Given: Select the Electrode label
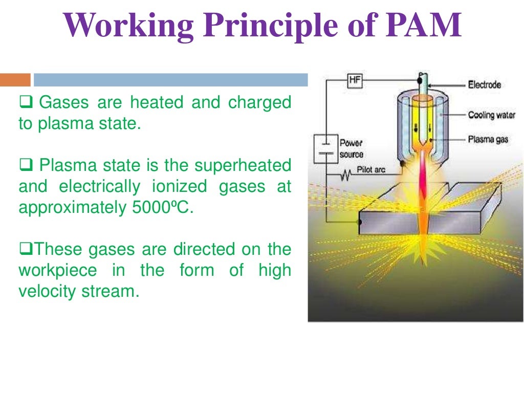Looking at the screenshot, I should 484,84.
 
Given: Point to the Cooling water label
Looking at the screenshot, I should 491,115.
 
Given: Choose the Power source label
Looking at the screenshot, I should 352,149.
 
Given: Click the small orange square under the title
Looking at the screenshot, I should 15,80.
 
